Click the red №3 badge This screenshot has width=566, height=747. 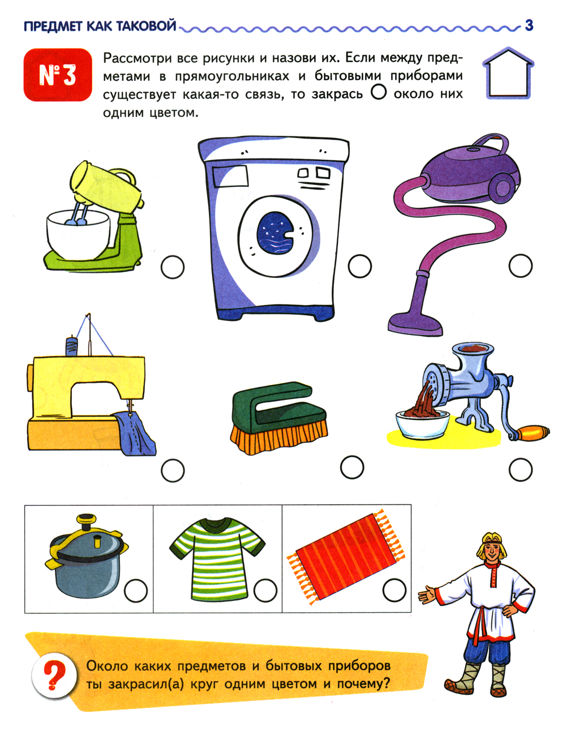58,75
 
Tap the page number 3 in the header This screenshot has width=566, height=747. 529,25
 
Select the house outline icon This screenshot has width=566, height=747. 508,73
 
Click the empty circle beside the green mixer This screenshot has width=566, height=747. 173,267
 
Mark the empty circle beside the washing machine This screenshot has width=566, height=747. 360,266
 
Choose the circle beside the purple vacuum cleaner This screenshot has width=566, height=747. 520,265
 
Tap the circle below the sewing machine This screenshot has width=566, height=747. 173,471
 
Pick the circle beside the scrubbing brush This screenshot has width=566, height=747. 352,467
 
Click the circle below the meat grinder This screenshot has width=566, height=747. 520,470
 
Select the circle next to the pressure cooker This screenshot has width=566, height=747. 136,590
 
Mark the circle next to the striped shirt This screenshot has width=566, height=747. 265,590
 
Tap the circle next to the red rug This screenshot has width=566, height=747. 395,590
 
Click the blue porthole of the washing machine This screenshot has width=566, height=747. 276,233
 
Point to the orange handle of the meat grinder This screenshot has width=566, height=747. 534,433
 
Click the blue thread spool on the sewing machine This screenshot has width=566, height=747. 72,346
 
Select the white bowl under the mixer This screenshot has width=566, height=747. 78,235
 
